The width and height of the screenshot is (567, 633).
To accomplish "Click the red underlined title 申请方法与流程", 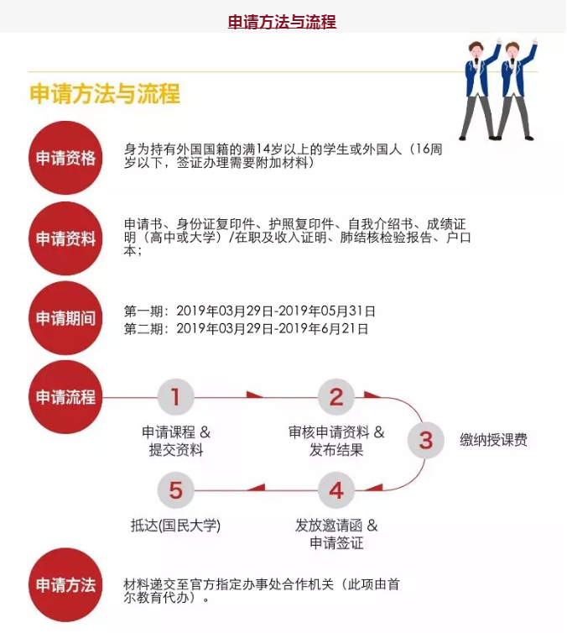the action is (x=282, y=22).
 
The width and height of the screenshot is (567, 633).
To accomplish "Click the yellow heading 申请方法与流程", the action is (x=105, y=94).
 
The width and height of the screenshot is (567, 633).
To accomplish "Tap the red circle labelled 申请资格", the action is (x=65, y=158).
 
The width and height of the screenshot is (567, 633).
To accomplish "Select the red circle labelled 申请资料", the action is (x=65, y=238).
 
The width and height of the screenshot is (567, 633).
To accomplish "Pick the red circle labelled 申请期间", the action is (x=65, y=318).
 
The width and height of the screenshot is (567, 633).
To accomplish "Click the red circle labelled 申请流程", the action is (x=65, y=397).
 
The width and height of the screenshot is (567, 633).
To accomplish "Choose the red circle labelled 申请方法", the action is (x=65, y=584).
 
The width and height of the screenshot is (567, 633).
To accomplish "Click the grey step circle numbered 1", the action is (x=175, y=397).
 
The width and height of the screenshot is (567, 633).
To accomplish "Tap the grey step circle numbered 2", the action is (x=336, y=397).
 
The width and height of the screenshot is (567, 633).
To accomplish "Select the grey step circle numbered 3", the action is (x=426, y=440).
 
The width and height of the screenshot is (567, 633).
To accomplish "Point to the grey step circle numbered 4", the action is (x=336, y=490).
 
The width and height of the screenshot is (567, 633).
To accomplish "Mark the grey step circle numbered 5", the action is (x=175, y=490).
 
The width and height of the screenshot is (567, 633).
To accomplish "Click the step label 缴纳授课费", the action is (x=493, y=440).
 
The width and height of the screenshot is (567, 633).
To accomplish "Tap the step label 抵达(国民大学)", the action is (x=175, y=526).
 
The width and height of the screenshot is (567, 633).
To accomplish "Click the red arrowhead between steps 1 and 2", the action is (x=255, y=395).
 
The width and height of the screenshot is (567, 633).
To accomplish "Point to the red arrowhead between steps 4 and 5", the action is (x=256, y=488).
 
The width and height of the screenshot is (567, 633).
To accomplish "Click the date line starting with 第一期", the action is (x=250, y=311).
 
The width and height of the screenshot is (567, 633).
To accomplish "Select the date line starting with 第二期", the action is (x=246, y=329).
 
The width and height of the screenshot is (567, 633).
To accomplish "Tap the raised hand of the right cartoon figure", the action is (x=535, y=41).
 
